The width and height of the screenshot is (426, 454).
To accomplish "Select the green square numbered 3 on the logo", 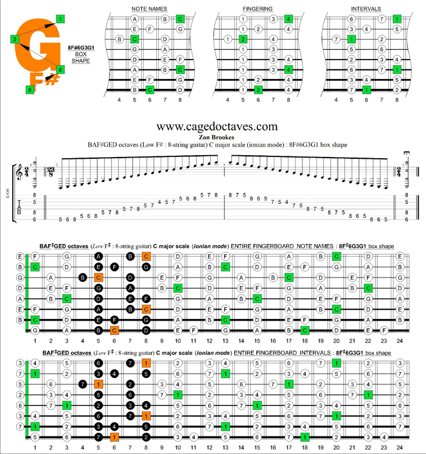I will click(13, 40).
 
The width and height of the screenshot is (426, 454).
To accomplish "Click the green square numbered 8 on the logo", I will click(29, 89).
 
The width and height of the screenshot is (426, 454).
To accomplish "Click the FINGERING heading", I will click(257, 9).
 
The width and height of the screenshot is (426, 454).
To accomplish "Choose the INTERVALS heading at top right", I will click(366, 9).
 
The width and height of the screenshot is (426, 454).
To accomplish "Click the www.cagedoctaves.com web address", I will click(217, 127).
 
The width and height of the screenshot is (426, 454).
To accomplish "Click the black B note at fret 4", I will click(82, 278).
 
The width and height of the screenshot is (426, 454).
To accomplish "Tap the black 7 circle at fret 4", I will click(82, 384).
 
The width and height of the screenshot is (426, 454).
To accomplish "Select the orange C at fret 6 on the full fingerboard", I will click(114, 330).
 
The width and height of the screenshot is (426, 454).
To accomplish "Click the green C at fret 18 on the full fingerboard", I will click(304, 330).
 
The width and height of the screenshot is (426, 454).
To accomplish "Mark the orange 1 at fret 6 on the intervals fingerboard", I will click(114, 436).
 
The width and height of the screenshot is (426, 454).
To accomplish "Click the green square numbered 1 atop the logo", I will click(60, 19).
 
